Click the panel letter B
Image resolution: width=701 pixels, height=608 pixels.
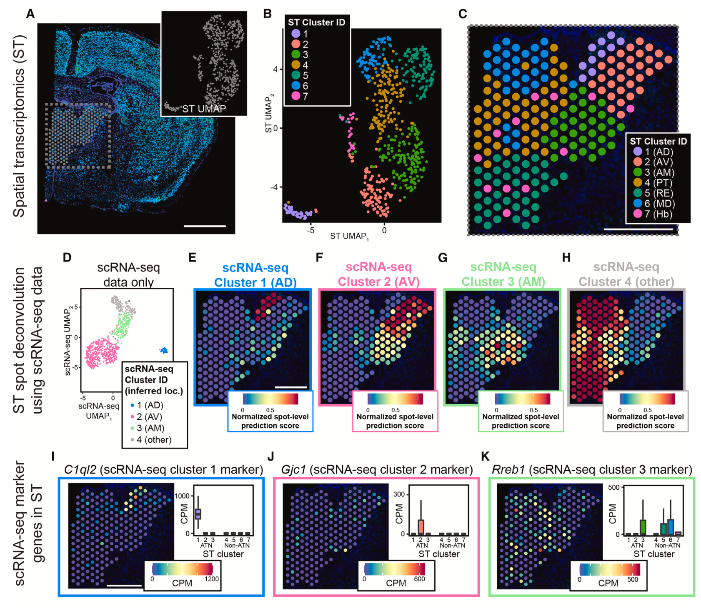(267, 14)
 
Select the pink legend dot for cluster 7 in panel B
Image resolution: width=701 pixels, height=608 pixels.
(295, 96)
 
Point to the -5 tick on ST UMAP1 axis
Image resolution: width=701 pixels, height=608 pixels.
(310, 230)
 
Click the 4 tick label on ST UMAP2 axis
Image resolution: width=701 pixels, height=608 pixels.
(275, 69)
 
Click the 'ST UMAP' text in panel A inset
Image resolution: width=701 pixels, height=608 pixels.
(204, 109)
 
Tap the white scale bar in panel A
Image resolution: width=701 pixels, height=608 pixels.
(204, 226)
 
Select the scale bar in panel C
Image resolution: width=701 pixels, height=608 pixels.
(638, 229)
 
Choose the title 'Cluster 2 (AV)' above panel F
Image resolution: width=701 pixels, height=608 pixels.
(378, 282)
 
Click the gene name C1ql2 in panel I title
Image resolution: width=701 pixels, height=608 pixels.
(80, 470)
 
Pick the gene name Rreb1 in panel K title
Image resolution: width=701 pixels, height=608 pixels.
(508, 470)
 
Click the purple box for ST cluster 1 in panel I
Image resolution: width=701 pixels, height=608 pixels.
(198, 514)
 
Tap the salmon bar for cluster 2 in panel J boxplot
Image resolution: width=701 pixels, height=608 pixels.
(421, 526)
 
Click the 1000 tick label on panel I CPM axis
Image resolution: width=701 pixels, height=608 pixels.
(182, 496)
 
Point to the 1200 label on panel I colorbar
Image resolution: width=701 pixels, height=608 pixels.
(212, 579)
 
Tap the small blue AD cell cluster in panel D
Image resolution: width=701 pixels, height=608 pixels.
(164, 351)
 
